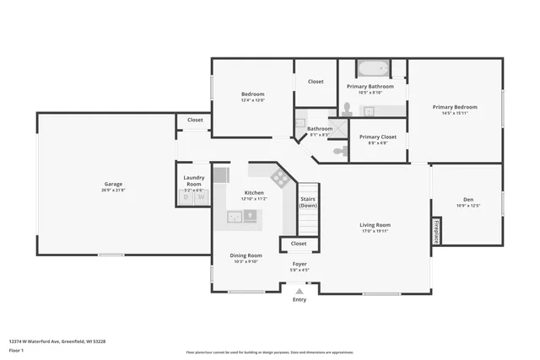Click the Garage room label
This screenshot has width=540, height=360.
[x=113, y=184]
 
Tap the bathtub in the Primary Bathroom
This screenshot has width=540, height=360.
[x=372, y=68]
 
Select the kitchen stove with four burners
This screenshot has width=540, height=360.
[x=279, y=177]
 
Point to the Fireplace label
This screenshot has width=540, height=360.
[x=436, y=232]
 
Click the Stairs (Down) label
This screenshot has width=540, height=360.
[x=308, y=202]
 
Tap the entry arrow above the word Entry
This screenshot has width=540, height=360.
[x=300, y=291]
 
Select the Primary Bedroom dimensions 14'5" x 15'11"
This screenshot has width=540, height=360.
[x=455, y=114]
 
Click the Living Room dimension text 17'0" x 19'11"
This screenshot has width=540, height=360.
[x=375, y=231]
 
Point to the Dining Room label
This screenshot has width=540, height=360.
[x=246, y=255]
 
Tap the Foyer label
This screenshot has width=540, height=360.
[x=300, y=264]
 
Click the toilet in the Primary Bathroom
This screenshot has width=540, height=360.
[x=347, y=109]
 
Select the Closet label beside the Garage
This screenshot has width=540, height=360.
[x=195, y=120]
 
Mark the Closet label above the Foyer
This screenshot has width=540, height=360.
[x=299, y=244]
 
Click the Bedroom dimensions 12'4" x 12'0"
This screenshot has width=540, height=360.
[x=252, y=100]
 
